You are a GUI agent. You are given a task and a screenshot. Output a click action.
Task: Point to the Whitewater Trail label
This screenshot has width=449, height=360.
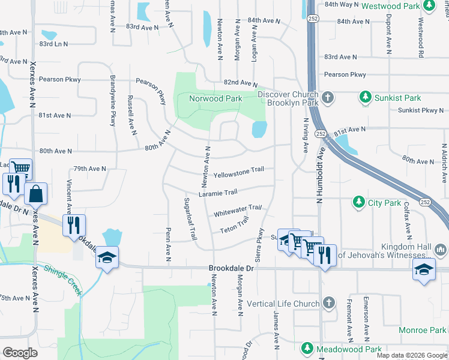click(x=238, y=211)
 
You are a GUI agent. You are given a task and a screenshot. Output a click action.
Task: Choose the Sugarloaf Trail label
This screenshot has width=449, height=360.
click(x=190, y=219)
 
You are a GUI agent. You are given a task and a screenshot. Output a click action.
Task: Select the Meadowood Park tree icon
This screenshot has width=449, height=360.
click(x=307, y=348)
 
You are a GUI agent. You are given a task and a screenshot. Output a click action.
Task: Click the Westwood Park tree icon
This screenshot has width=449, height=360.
click(x=429, y=5)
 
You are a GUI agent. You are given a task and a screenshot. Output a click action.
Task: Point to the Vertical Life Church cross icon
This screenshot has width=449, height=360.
click(x=328, y=304)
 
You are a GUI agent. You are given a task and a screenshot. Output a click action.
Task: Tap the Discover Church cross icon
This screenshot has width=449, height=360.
click(x=328, y=97)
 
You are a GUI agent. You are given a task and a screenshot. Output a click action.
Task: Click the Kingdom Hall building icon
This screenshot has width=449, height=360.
click(x=441, y=248)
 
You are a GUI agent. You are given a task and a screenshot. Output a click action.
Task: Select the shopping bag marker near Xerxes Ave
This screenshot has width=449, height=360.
click(x=35, y=194)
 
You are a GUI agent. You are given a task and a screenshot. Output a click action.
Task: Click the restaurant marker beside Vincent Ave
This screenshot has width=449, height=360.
click(x=74, y=225)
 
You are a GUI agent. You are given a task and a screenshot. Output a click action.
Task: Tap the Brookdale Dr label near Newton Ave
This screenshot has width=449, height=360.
click(x=232, y=269)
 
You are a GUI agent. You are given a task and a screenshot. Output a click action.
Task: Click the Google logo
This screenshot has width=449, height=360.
click(x=20, y=353)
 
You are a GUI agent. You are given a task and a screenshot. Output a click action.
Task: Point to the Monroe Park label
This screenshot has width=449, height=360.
click(x=421, y=331)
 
